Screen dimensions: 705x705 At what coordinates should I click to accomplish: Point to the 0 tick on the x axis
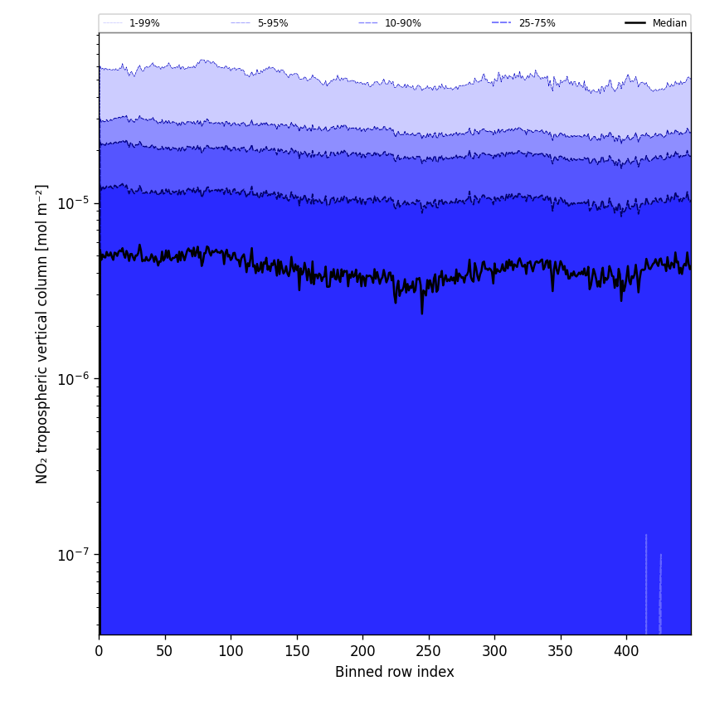pyautogui.click(x=99, y=651)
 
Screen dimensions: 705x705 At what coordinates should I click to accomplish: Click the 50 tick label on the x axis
pyautogui.click(x=165, y=651)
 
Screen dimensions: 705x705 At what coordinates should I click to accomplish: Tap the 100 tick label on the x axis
pyautogui.click(x=231, y=651)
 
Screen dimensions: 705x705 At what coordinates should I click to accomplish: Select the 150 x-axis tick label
pyautogui.click(x=297, y=651)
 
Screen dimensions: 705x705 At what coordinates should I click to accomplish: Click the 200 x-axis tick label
pyautogui.click(x=362, y=651)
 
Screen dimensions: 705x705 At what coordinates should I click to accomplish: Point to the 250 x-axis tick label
pyautogui.click(x=429, y=651)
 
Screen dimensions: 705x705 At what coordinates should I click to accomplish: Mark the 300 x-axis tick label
pyautogui.click(x=494, y=651)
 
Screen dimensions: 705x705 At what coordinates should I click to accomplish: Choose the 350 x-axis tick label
pyautogui.click(x=561, y=651)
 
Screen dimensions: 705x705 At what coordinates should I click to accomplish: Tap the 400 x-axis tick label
pyautogui.click(x=626, y=651)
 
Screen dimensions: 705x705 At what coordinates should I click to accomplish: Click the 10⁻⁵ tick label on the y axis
pyautogui.click(x=73, y=203)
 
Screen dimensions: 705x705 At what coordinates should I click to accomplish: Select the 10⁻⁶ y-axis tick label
pyautogui.click(x=73, y=379)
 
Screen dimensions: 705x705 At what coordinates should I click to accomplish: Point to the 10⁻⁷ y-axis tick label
pyautogui.click(x=73, y=555)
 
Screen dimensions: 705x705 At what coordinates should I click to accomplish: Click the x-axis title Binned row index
pyautogui.click(x=395, y=672)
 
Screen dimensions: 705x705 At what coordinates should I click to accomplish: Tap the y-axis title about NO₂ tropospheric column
pyautogui.click(x=42, y=333)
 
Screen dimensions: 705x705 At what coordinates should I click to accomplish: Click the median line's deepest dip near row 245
pyautogui.click(x=421, y=313)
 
